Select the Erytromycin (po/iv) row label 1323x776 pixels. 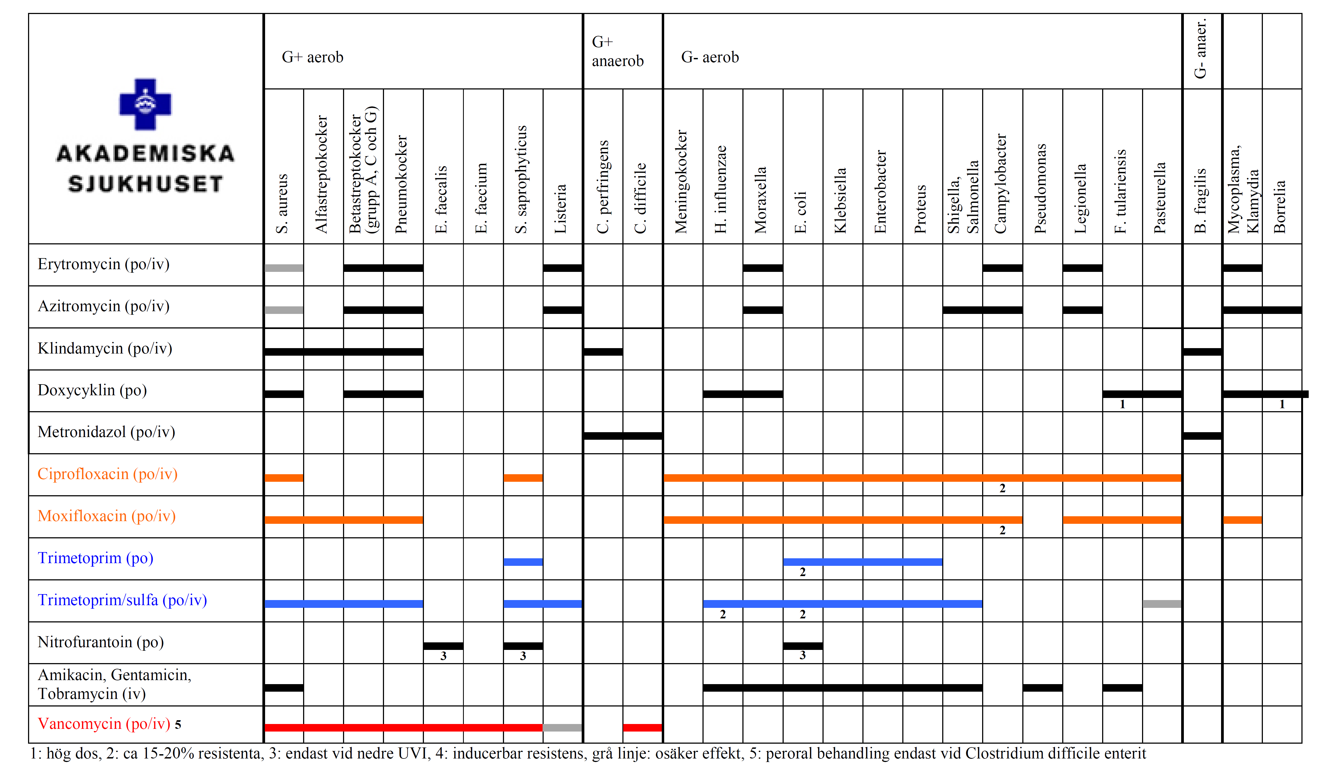click(x=104, y=264)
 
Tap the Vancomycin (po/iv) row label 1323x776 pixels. click(x=104, y=723)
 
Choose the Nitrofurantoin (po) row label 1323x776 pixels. click(x=100, y=642)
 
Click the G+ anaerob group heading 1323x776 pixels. click(x=617, y=51)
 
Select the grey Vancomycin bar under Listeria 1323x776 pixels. click(x=562, y=727)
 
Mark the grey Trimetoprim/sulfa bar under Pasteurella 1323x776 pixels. click(x=1162, y=604)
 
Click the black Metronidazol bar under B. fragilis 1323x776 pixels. click(x=1202, y=435)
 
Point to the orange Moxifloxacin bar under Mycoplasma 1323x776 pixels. click(x=1242, y=520)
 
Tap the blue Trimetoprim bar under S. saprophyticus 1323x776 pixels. click(x=523, y=562)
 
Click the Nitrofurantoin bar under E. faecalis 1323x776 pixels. click(x=443, y=646)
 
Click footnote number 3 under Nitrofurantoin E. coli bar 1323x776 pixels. click(x=802, y=655)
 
